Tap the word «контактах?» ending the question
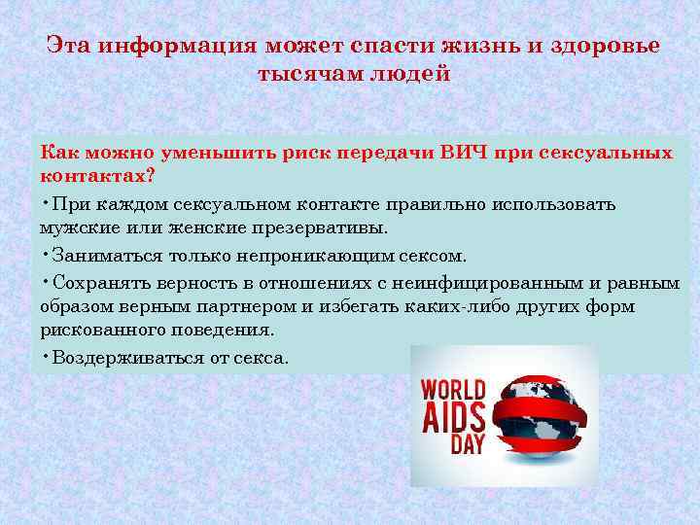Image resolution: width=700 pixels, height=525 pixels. pos(97,178)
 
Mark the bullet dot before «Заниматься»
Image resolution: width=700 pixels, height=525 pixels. pos(46,254)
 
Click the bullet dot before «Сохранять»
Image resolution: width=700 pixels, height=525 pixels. pos(46,281)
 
